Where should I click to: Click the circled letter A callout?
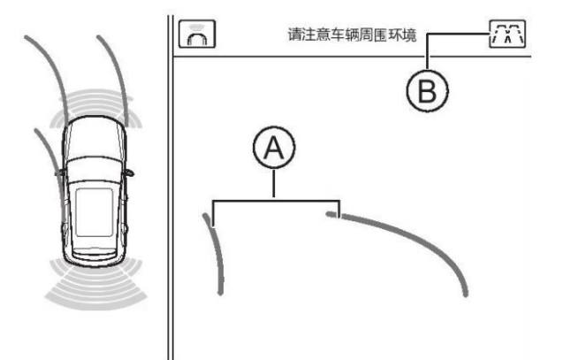click(x=274, y=148)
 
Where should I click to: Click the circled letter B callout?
click(x=428, y=91)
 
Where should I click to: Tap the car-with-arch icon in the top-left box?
click(x=197, y=34)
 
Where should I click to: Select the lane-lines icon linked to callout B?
click(x=507, y=34)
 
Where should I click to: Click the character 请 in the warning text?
click(x=295, y=34)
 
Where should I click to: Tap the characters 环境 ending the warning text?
click(x=402, y=34)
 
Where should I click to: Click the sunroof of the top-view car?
click(x=94, y=212)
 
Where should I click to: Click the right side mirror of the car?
click(x=129, y=172)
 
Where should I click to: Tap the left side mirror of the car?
click(x=60, y=172)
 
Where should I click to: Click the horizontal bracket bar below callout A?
click(x=276, y=201)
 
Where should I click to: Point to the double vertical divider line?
click(x=170, y=188)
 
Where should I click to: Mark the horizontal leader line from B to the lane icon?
click(x=458, y=34)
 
